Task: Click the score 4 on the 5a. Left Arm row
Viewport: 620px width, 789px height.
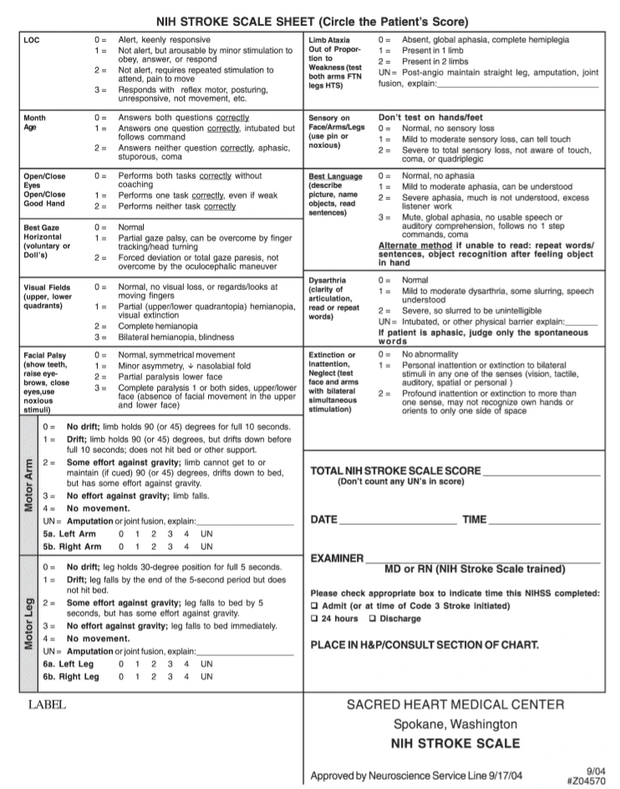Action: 186,533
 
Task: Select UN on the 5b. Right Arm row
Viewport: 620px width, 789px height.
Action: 206,547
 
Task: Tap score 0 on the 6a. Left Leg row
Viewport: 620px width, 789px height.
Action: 121,664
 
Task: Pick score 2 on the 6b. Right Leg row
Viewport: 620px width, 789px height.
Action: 154,677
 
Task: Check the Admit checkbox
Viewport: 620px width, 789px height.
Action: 314,605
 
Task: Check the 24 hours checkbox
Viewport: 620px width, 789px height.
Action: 314,619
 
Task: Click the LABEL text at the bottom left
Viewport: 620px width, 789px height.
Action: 47,705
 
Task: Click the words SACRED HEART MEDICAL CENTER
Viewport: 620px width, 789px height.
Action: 455,705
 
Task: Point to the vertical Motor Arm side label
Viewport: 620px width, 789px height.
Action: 29,485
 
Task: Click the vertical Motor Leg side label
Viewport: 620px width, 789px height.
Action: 29,623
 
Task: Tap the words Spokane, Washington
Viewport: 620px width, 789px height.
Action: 455,724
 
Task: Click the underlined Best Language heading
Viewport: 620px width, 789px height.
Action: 336,177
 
